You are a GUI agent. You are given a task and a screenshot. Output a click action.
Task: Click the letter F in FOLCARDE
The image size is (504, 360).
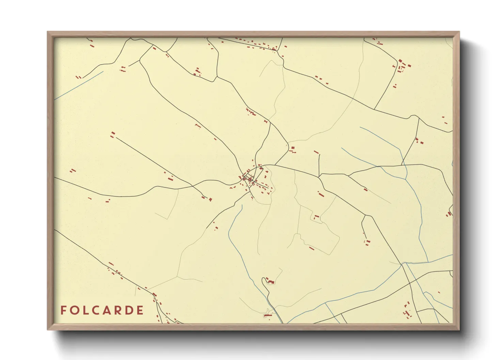point(63,310)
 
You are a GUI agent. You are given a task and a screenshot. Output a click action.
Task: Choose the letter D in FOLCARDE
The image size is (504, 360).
point(130,310)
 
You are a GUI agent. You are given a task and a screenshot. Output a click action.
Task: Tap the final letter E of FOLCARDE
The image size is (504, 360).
point(140,310)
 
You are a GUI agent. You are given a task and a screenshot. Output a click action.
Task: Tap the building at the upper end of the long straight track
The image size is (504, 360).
point(113,134)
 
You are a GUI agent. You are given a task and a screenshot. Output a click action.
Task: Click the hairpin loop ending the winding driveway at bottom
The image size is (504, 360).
point(264,280)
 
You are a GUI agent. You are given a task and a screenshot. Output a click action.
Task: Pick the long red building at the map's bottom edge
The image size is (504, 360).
point(268,316)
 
